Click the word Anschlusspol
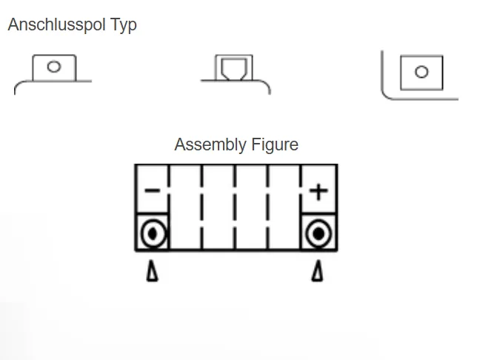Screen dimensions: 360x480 coord(58,25)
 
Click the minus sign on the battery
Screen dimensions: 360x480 coord(152,191)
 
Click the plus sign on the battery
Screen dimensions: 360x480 coord(319,191)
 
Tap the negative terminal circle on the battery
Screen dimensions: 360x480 coord(153,234)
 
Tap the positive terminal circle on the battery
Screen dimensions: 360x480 coord(319,234)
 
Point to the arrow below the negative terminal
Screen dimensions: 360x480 coord(153,272)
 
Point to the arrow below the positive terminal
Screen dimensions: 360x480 coord(318,272)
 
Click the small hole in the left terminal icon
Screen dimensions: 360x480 coord(53,67)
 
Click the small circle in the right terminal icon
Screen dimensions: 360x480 coord(421,72)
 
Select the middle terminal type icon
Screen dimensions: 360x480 coord(234,73)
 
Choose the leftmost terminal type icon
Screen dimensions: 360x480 coord(53,73)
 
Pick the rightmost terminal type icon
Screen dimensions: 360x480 coord(419,74)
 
